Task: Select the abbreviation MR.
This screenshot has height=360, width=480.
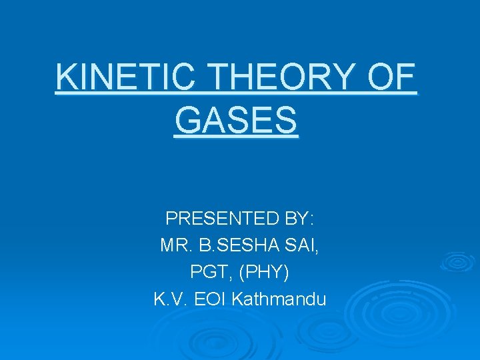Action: coord(176,245)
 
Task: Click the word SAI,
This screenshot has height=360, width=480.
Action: coord(303,245)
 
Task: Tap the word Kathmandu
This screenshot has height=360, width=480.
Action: coord(279,299)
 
